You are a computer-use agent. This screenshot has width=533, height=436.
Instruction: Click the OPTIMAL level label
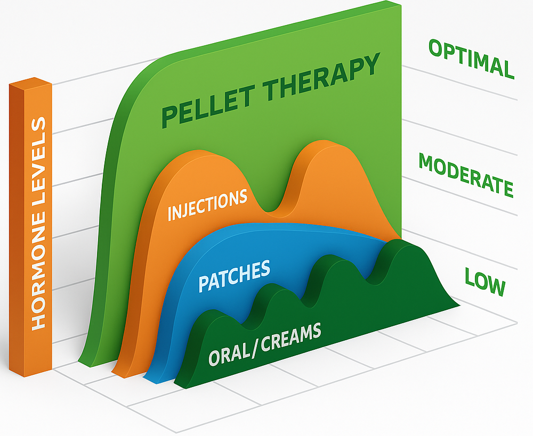tap(471, 59)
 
